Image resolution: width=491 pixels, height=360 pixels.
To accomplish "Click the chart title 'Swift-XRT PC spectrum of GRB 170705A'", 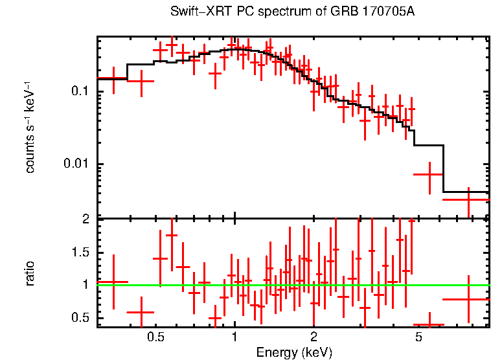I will tap(293, 12).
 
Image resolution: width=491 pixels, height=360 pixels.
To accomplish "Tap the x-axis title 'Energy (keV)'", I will tap(293, 353).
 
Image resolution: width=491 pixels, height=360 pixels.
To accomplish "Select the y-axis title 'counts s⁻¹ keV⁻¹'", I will tap(30, 127).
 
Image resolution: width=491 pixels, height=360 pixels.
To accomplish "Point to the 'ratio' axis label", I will tap(30, 273).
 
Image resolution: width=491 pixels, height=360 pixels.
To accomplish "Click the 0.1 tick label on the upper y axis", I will tap(78, 91).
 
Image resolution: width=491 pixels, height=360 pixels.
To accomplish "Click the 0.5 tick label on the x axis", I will tap(155, 337).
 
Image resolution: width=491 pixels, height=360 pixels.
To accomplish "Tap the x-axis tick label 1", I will tap(234, 337).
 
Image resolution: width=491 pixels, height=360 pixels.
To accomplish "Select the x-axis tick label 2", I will tap(314, 337).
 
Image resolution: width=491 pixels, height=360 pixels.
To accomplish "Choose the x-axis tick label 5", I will tap(418, 337).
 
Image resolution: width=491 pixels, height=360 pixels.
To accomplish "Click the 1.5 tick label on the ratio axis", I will tap(80, 252).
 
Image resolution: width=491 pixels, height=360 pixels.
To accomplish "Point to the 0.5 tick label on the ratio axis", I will tap(80, 317).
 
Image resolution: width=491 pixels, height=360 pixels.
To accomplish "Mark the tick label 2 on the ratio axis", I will tap(85, 219).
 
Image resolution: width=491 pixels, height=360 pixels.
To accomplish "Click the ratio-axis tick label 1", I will tap(85, 284).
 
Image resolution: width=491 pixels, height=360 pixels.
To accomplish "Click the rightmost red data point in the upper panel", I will tap(468, 199).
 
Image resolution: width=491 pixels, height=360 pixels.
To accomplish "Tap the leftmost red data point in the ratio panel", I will tap(113, 282).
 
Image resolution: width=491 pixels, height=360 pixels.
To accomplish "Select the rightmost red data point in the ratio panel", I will tap(468, 299).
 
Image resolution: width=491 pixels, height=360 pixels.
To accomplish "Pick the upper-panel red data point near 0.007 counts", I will tap(429, 175).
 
